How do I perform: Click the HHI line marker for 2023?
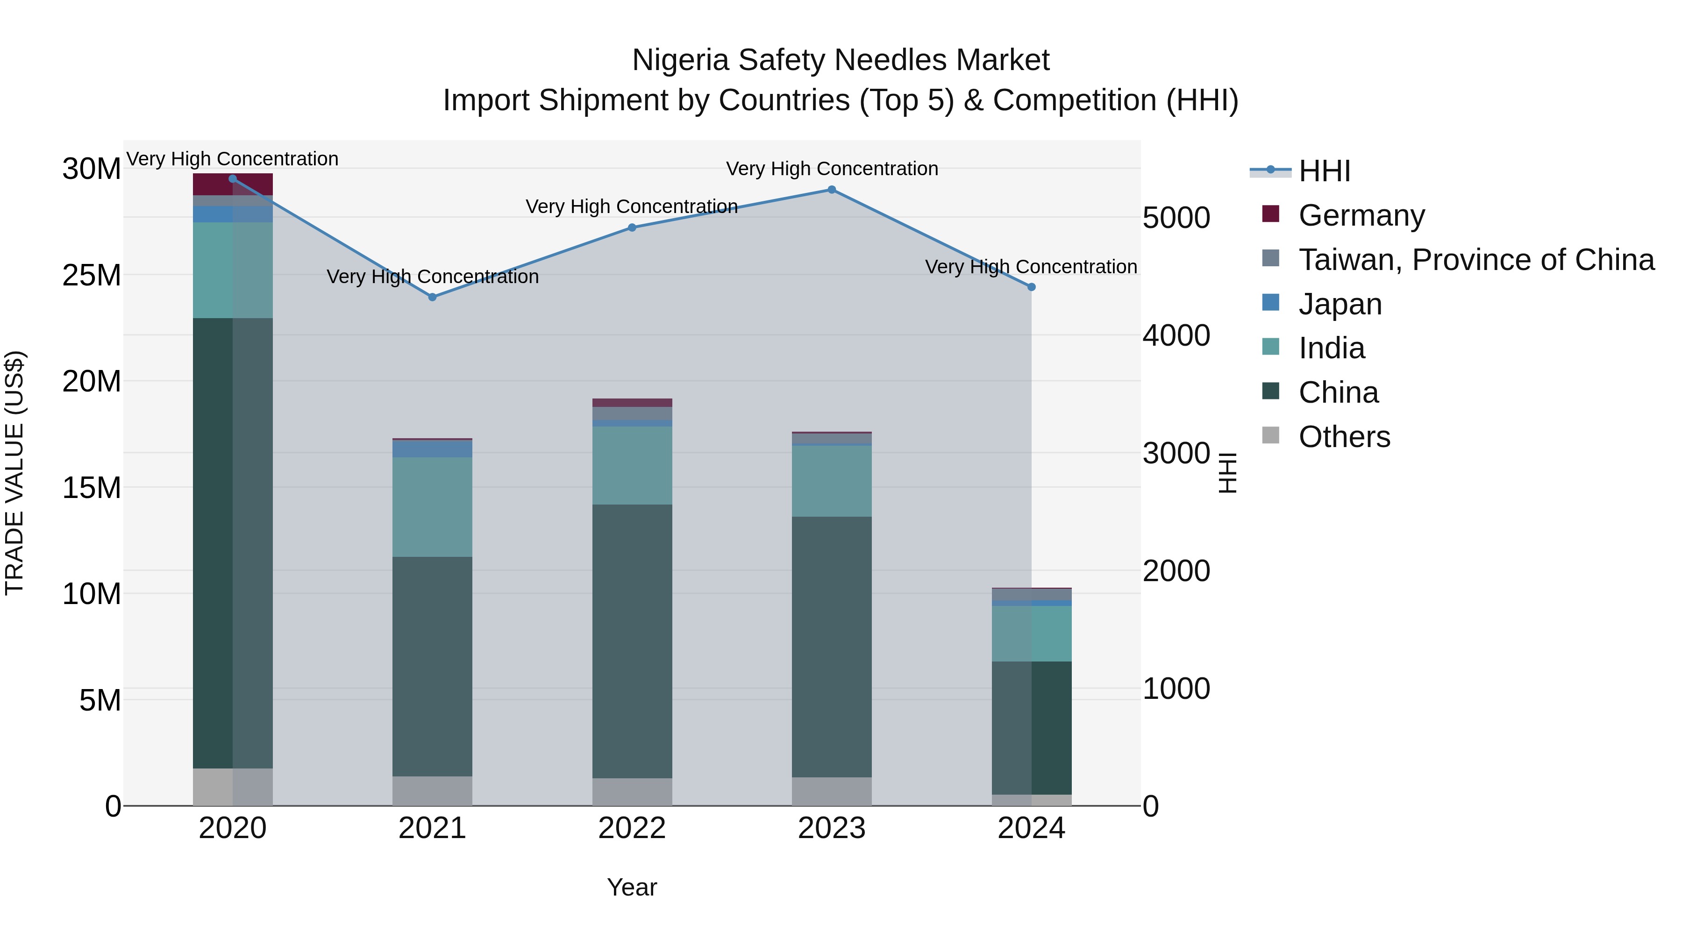[831, 190]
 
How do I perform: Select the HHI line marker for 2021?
[432, 297]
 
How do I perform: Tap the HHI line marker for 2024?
[1031, 287]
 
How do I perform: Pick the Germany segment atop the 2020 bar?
[233, 185]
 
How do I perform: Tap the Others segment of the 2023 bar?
[831, 791]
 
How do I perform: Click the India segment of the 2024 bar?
[1031, 633]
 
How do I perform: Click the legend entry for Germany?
[1361, 215]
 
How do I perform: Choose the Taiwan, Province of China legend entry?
[1475, 260]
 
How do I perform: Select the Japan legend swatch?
[1271, 303]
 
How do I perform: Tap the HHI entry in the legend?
[1324, 171]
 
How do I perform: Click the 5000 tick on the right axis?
[1176, 218]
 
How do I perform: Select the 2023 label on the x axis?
[831, 828]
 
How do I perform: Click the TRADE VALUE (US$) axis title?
[14, 473]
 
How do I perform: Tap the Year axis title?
[631, 887]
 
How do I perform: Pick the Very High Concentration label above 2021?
[432, 277]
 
